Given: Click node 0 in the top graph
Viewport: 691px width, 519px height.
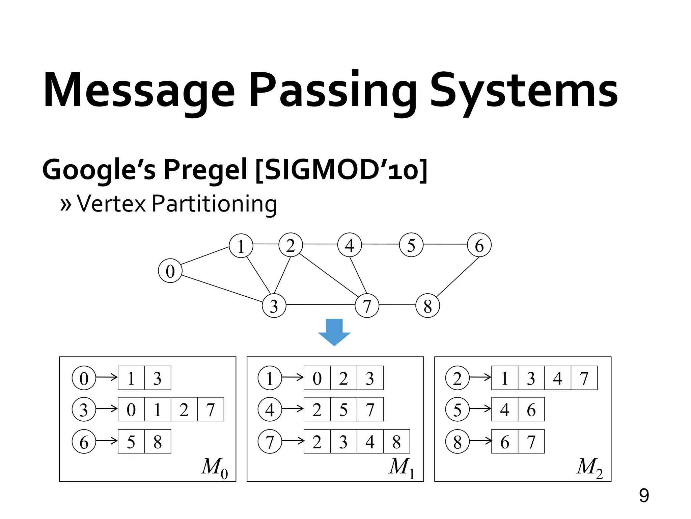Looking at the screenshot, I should [170, 271].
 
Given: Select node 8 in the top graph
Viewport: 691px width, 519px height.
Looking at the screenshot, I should [427, 305].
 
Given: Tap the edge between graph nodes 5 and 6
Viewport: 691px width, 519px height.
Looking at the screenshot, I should [445, 244].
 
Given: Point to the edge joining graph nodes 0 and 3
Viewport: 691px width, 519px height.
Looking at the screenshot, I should [222, 288].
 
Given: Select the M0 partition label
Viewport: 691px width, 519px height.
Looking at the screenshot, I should [215, 468].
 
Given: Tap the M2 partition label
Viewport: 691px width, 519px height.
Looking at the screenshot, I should [589, 468].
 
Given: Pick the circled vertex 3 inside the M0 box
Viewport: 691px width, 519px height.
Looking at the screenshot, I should [84, 409].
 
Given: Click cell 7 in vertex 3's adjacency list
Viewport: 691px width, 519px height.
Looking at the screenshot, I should [211, 409].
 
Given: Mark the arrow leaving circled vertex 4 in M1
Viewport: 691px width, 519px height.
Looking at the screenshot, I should [293, 409].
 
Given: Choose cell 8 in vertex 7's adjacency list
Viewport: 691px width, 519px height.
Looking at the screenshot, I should [396, 441].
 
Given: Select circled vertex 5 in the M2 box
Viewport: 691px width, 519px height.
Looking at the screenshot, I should [457, 409].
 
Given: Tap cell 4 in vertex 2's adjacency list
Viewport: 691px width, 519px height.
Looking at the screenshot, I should [558, 378].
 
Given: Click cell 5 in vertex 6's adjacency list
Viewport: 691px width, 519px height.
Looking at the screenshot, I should [131, 441].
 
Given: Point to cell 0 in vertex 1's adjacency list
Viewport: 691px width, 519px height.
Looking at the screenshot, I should [317, 378].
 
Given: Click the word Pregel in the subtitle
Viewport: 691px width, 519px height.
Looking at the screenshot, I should [205, 169].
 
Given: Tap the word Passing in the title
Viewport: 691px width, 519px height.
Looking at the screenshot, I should [332, 91].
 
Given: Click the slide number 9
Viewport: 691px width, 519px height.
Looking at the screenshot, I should [644, 495].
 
